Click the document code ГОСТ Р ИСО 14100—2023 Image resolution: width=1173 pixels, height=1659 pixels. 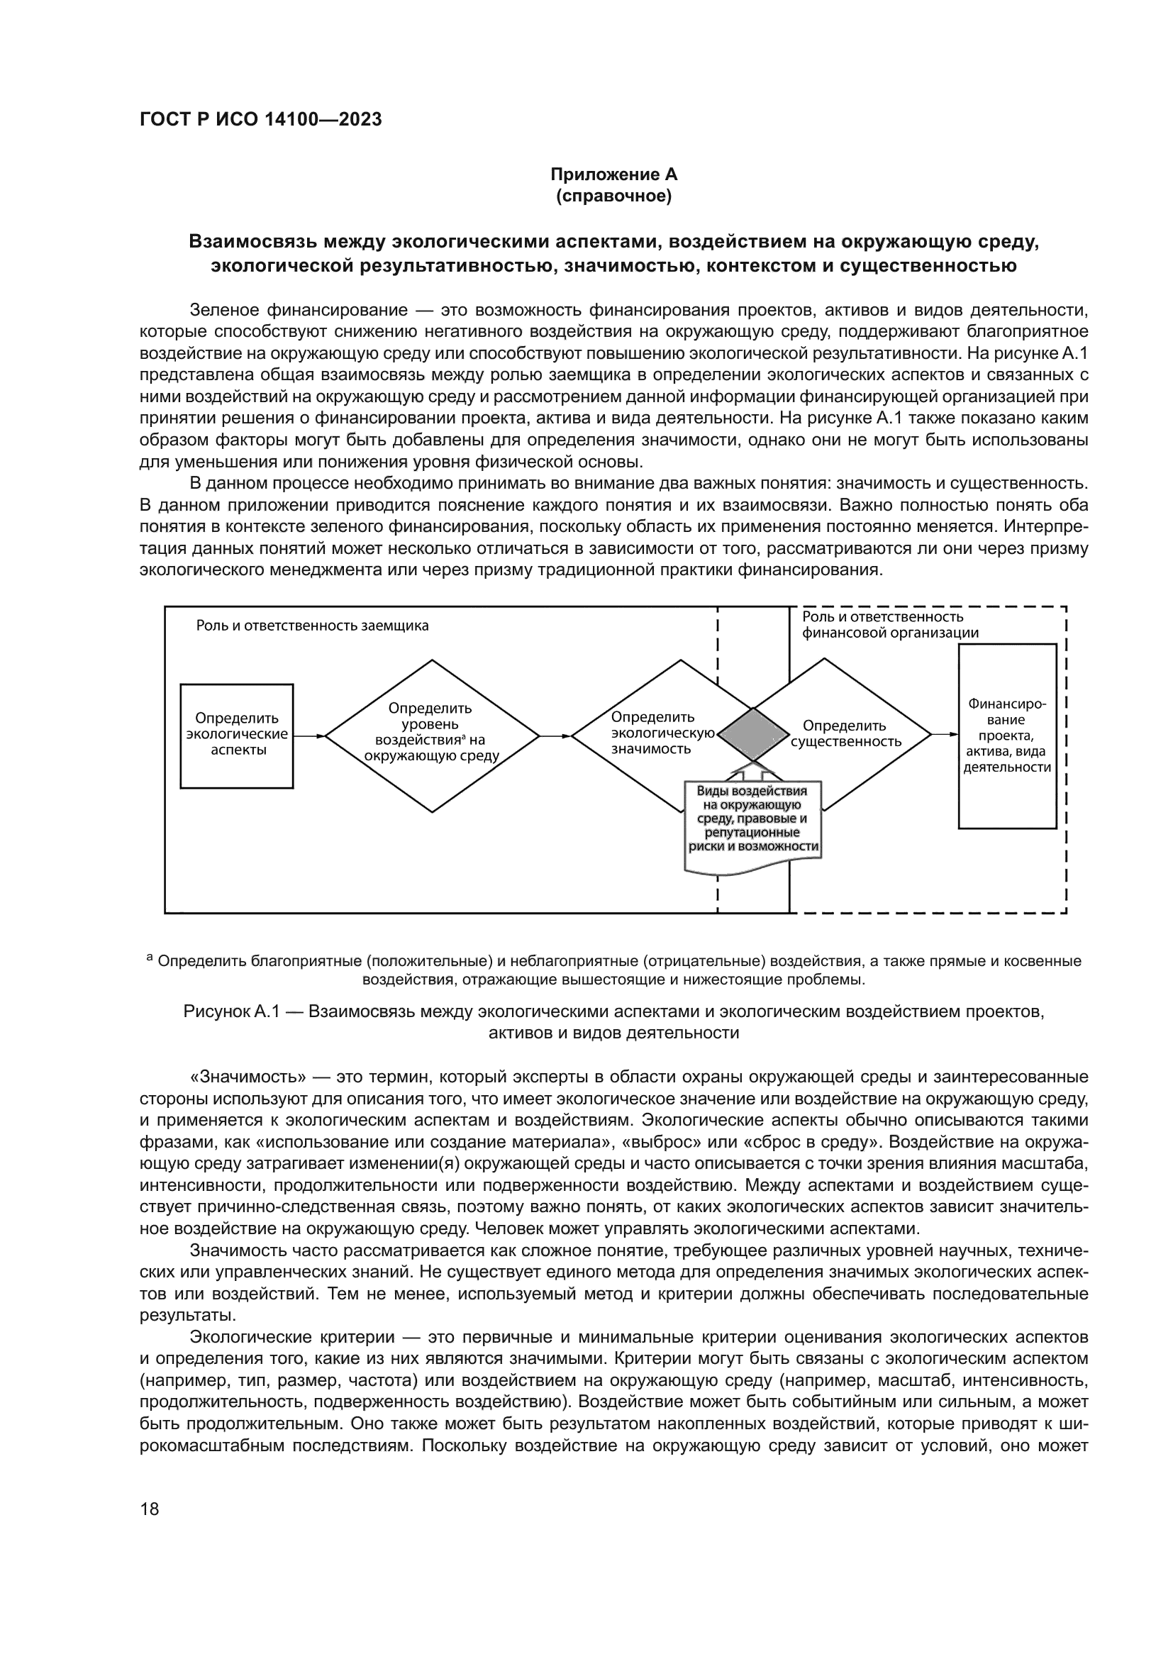click(x=261, y=120)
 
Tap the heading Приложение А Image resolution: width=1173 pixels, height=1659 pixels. click(x=614, y=174)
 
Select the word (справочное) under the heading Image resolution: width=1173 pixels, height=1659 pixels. click(x=614, y=196)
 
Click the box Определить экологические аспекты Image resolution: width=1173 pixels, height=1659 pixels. click(x=237, y=736)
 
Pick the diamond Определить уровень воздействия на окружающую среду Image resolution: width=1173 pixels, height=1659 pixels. click(x=432, y=736)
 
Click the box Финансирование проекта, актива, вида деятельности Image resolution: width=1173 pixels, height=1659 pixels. click(x=1007, y=736)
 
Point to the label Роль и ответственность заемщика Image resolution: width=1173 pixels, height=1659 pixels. click(x=312, y=626)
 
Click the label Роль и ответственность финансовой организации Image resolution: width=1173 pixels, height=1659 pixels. click(x=890, y=625)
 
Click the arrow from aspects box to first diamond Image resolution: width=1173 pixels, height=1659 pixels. click(x=309, y=736)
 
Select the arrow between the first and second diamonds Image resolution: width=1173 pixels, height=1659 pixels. click(x=555, y=736)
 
